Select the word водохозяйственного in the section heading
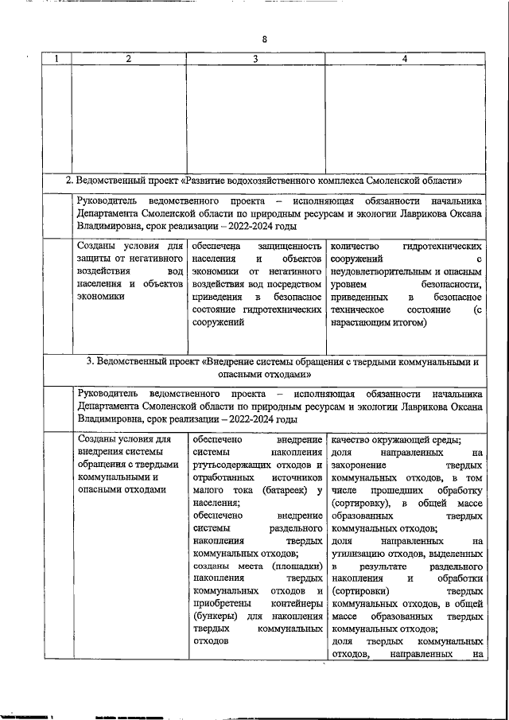pyautogui.click(x=297, y=181)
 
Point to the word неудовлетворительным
pyautogui.click(x=380, y=272)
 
